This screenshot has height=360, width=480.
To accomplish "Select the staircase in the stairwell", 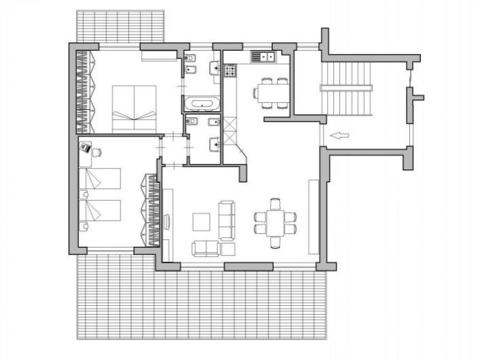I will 346,88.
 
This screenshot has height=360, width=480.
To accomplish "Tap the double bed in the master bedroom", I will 134,108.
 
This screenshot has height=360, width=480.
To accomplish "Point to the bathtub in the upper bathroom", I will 201,105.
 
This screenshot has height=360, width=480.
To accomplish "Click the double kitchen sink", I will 263,56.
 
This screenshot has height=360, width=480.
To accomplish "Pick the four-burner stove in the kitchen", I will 229,69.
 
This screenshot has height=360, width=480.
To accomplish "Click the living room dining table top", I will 276,222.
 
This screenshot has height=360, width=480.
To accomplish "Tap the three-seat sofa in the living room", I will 227,219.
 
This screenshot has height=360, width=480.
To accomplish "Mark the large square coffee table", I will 202,222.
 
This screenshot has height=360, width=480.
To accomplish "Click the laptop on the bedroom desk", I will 86,146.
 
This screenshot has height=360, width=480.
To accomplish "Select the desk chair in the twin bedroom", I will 97,152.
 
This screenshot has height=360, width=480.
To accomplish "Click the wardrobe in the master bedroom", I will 82,89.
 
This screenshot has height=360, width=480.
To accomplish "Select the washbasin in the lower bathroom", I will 215,144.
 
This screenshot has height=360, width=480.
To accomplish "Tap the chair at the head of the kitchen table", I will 256,93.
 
